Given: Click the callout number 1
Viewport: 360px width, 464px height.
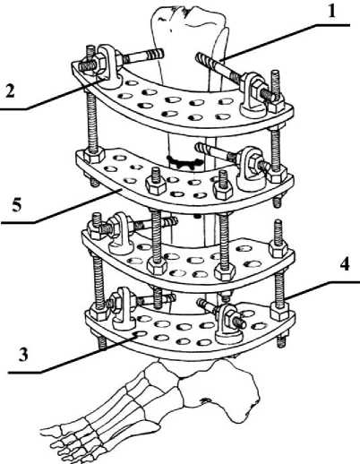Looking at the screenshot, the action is point(331,13).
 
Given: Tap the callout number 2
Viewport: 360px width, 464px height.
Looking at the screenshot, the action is point(10,90).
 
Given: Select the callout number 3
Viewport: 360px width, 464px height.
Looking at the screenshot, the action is point(23,355).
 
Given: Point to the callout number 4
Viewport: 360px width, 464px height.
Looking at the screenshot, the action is point(345,263).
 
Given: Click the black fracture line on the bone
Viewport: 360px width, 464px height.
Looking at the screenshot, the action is point(184,162).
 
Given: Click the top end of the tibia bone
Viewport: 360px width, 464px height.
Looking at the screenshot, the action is point(188,16).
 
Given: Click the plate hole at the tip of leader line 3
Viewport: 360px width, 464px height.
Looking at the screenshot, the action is point(139,333).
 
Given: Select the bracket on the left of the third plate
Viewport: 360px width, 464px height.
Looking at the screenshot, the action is point(121,233).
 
